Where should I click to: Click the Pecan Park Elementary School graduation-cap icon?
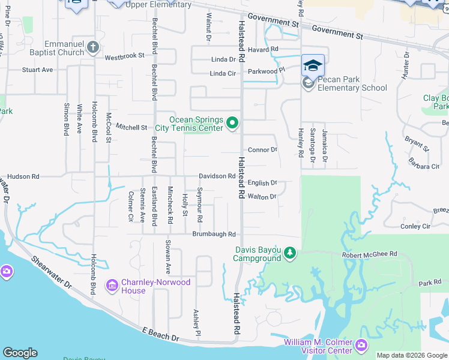[313, 65]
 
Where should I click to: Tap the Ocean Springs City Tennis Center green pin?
[233, 124]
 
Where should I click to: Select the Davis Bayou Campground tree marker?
[290, 253]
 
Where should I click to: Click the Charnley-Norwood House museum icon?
[112, 286]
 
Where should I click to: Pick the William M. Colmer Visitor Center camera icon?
[361, 345]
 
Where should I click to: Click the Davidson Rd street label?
[217, 176]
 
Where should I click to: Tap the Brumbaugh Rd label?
[214, 234]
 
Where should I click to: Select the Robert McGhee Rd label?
[370, 254]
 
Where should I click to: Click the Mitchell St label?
[131, 127]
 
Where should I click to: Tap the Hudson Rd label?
[23, 177]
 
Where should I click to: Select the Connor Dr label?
[262, 149]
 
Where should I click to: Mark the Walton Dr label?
[262, 196]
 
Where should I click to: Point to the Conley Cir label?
[415, 226]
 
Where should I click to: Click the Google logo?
[20, 353]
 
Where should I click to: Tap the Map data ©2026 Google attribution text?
[412, 355]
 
